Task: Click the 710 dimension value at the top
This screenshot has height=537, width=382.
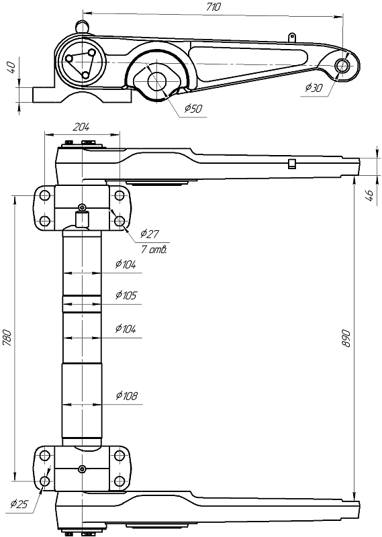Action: click(213, 7)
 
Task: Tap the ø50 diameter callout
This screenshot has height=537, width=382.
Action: click(193, 109)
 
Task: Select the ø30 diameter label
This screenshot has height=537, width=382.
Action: click(314, 88)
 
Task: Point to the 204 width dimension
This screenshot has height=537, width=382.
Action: click(81, 127)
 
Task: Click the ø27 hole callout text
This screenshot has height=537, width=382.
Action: click(150, 234)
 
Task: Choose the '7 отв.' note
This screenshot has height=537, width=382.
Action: click(154, 249)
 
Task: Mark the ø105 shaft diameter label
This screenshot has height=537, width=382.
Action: click(126, 295)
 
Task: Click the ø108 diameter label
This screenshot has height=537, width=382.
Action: click(127, 395)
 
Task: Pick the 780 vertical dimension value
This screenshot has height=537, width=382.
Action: click(7, 338)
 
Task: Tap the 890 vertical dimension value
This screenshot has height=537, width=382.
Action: click(346, 339)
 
